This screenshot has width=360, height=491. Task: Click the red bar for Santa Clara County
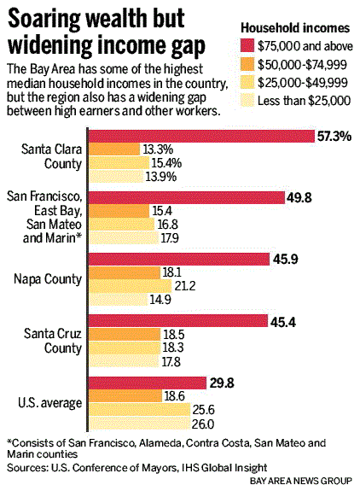point(202,137)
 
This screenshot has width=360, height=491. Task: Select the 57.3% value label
point(334,137)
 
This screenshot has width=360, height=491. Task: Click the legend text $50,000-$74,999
point(303,65)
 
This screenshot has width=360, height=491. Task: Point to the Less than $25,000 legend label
point(304,101)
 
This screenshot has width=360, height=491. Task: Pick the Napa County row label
point(48,278)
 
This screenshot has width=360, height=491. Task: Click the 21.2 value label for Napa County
point(185,286)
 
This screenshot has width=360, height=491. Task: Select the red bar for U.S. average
point(148,383)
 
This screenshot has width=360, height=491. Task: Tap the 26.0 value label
point(202,424)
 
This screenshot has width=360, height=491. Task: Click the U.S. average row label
point(49,403)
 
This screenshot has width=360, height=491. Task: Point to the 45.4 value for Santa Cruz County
point(283,322)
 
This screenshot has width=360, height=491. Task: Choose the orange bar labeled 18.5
point(125,335)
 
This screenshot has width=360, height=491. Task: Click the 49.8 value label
point(299,198)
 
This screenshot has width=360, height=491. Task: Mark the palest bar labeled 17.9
point(125,238)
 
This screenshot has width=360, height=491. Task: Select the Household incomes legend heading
point(295,28)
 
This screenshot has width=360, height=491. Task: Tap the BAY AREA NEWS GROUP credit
point(301,481)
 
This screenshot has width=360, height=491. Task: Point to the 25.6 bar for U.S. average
point(140,410)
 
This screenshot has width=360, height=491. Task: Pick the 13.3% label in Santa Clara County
point(158,149)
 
